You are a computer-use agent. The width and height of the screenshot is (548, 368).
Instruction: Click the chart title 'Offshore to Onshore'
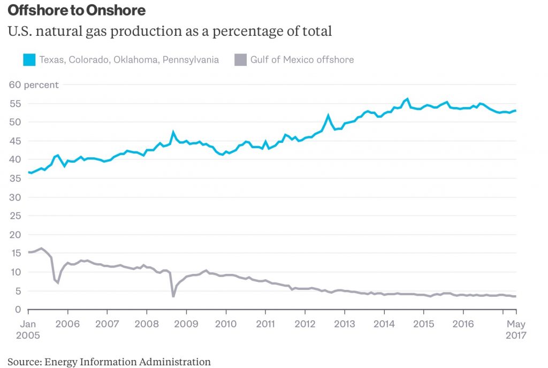point(76,10)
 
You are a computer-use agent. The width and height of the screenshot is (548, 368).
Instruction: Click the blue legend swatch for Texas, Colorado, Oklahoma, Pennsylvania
point(29,60)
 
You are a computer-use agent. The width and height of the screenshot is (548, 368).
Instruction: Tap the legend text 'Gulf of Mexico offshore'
point(302,60)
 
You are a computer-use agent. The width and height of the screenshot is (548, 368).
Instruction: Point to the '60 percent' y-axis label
point(33,85)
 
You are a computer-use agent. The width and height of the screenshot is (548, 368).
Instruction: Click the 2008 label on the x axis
point(147,324)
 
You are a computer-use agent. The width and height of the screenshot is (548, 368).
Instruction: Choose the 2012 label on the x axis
point(305,324)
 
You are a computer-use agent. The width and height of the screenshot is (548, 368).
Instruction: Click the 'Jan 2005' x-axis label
point(28,329)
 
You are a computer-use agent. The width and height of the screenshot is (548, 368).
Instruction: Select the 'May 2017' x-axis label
point(516,329)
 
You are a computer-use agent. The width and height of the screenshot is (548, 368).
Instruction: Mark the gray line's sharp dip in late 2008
point(173,296)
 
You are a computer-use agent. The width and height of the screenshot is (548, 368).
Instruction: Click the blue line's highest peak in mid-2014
point(407,99)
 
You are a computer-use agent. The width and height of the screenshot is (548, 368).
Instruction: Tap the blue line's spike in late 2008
point(173,132)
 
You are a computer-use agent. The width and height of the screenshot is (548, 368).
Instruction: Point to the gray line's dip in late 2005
point(58,282)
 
